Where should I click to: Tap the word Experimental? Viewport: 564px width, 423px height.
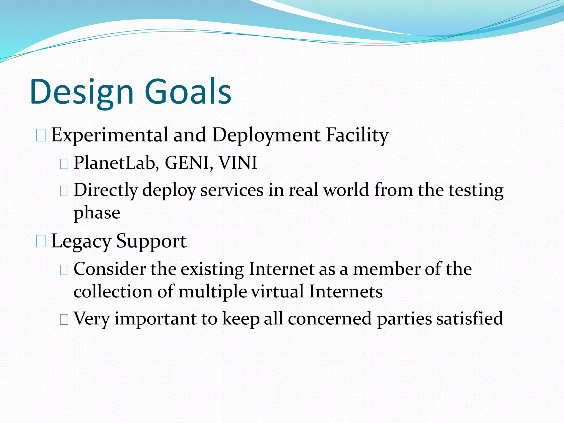coord(110,135)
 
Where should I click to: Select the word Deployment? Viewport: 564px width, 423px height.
coord(266,135)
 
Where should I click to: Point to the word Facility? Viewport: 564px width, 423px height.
coord(357,135)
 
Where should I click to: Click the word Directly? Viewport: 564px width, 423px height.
coord(105,190)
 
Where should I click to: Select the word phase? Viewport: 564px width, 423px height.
coord(97,213)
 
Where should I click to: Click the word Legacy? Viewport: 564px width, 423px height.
coord(81,241)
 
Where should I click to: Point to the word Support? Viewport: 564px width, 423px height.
coord(151,241)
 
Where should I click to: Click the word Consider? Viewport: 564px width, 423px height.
coord(109,269)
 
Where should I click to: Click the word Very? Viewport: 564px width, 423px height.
coord(92,318)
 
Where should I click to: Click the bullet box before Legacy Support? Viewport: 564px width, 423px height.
coord(41,242)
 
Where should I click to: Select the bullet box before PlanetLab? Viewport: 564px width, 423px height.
coord(64,164)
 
